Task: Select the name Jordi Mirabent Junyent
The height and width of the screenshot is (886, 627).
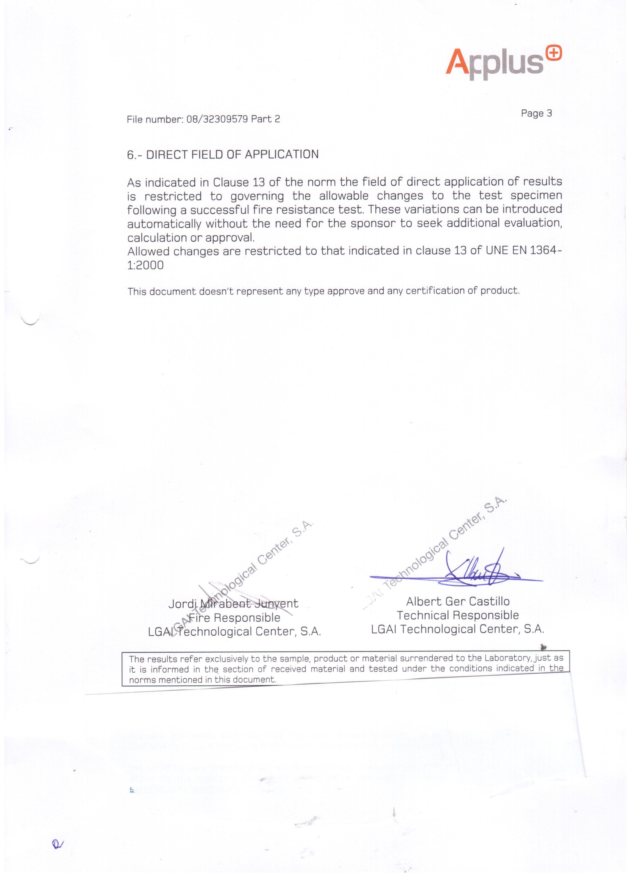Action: (x=233, y=604)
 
